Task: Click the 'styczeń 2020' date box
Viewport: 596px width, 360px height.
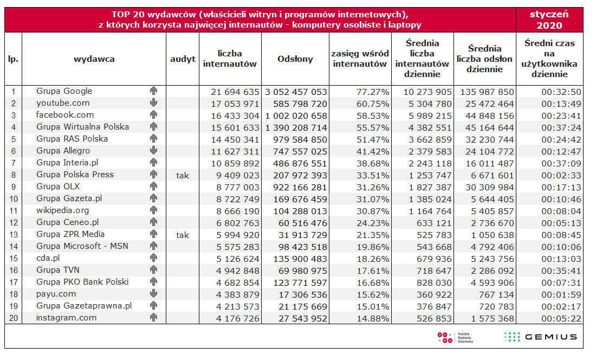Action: (549, 20)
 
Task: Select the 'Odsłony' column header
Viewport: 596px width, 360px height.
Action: (295, 59)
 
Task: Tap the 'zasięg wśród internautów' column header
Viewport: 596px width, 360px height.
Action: (360, 59)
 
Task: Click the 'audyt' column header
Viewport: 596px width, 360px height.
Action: (183, 59)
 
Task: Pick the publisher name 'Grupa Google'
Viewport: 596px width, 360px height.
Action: (64, 91)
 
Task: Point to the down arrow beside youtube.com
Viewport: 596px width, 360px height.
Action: (153, 103)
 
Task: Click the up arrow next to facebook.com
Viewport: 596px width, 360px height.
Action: (153, 115)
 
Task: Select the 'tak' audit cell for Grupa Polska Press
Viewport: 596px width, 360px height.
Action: (183, 175)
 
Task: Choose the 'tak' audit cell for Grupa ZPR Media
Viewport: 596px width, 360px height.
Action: (183, 235)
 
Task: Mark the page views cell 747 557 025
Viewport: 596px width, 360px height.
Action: (296, 151)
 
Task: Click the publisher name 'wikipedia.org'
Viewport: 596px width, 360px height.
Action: (62, 210)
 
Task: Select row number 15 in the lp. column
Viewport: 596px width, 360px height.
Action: (13, 259)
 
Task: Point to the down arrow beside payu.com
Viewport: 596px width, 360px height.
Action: (153, 294)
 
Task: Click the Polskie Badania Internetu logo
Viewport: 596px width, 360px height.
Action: (455, 337)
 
